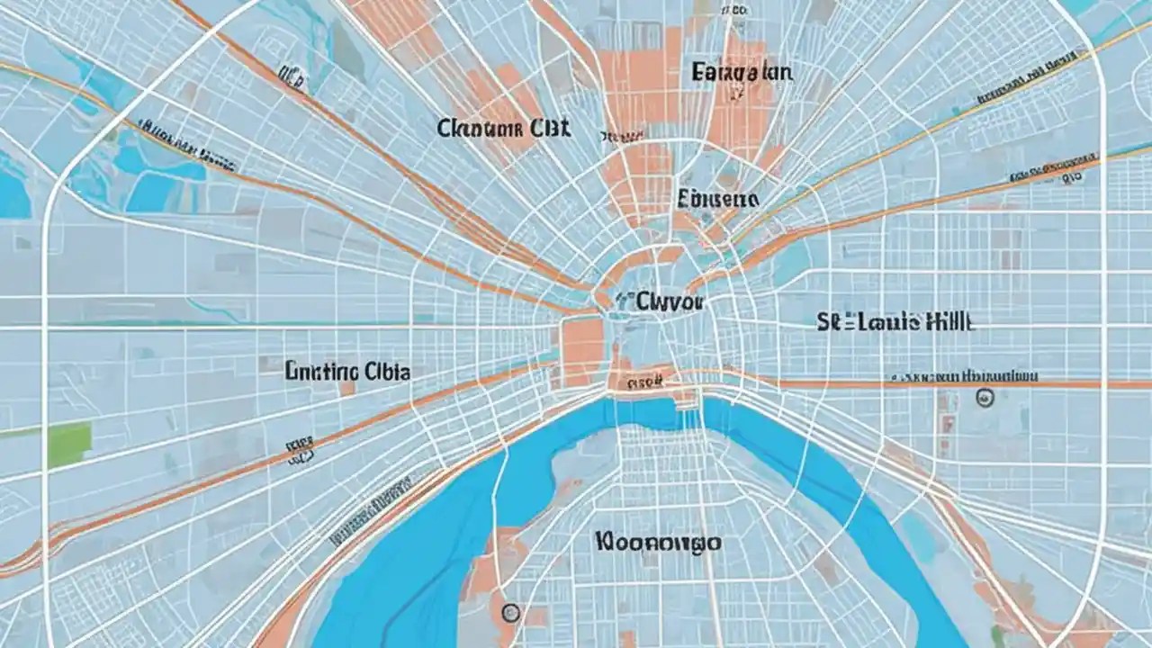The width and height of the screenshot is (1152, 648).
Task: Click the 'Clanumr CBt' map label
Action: click(x=503, y=128)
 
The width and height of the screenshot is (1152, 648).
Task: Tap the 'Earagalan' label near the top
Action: click(x=742, y=72)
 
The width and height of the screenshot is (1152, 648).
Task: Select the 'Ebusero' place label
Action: click(x=717, y=198)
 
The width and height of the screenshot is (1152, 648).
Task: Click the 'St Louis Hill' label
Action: click(x=895, y=322)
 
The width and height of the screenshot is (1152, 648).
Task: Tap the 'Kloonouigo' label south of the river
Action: click(x=657, y=542)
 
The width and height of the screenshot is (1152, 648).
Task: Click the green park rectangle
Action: click(x=69, y=445)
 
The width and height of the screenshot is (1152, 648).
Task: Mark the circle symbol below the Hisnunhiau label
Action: click(x=985, y=397)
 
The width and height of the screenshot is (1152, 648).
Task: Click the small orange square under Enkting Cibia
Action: click(x=347, y=389)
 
